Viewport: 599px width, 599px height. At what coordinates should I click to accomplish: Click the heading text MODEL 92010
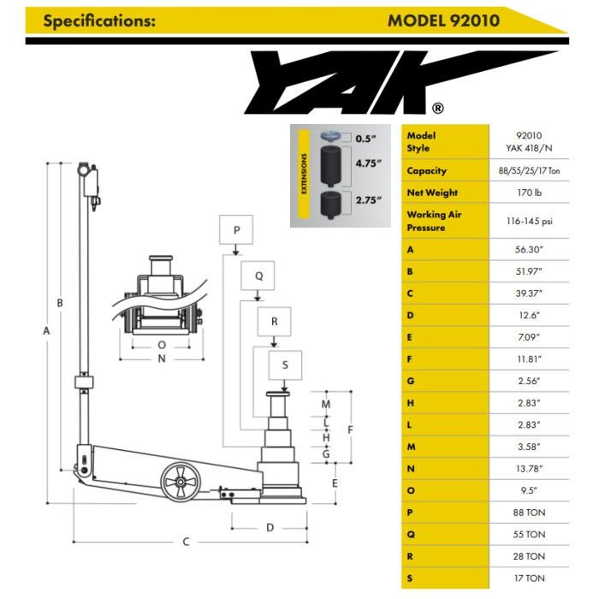443,20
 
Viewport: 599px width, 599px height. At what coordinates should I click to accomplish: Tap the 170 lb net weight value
529,193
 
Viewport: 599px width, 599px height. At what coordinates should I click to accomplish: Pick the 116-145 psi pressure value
529,221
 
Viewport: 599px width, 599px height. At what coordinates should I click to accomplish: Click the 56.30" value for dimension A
529,249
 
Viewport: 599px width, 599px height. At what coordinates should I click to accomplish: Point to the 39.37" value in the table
529,293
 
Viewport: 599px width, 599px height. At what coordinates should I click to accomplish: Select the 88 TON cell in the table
529,513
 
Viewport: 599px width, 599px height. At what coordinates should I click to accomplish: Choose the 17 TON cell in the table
529,578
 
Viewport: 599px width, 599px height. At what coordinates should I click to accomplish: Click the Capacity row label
427,171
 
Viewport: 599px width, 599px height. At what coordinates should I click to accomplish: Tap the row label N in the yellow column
411,469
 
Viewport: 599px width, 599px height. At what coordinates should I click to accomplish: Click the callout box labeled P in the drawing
236,230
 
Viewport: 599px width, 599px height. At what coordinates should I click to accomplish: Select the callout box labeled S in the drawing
285,365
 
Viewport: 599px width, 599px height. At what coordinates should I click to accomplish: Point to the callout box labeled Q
258,276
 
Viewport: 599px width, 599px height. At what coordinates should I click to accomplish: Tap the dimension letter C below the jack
186,542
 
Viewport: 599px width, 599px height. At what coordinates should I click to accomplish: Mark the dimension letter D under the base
270,527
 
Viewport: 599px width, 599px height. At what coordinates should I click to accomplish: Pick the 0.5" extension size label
367,138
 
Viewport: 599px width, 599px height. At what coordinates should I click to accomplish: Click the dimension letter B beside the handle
60,303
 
